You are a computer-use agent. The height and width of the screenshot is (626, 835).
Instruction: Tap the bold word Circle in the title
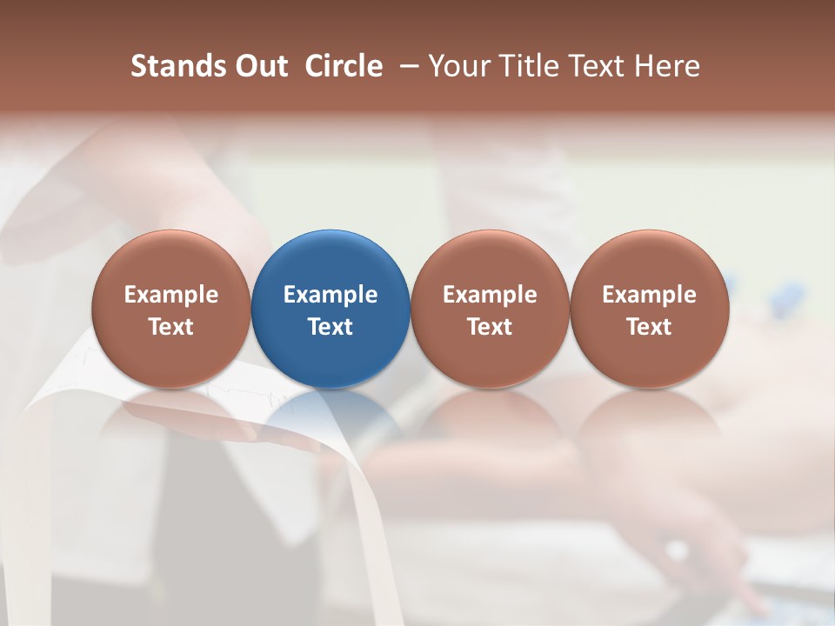point(344,66)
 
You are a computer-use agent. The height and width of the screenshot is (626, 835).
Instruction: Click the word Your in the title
point(458,66)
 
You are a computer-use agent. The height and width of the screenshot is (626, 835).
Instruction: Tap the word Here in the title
point(667,66)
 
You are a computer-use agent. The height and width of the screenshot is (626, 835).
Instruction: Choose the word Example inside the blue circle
point(331,295)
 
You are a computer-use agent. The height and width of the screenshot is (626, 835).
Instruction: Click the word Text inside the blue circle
point(331,327)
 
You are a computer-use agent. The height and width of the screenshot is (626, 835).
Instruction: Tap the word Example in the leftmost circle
point(171,295)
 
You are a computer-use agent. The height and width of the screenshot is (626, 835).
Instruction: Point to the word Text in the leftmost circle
point(171,327)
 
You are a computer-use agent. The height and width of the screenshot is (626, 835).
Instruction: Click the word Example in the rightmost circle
point(650,295)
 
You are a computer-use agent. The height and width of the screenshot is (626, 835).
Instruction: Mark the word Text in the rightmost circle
point(650,327)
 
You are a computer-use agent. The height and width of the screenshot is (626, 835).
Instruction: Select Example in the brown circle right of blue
point(490,295)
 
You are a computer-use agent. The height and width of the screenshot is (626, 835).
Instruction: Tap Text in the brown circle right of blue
point(490,327)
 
